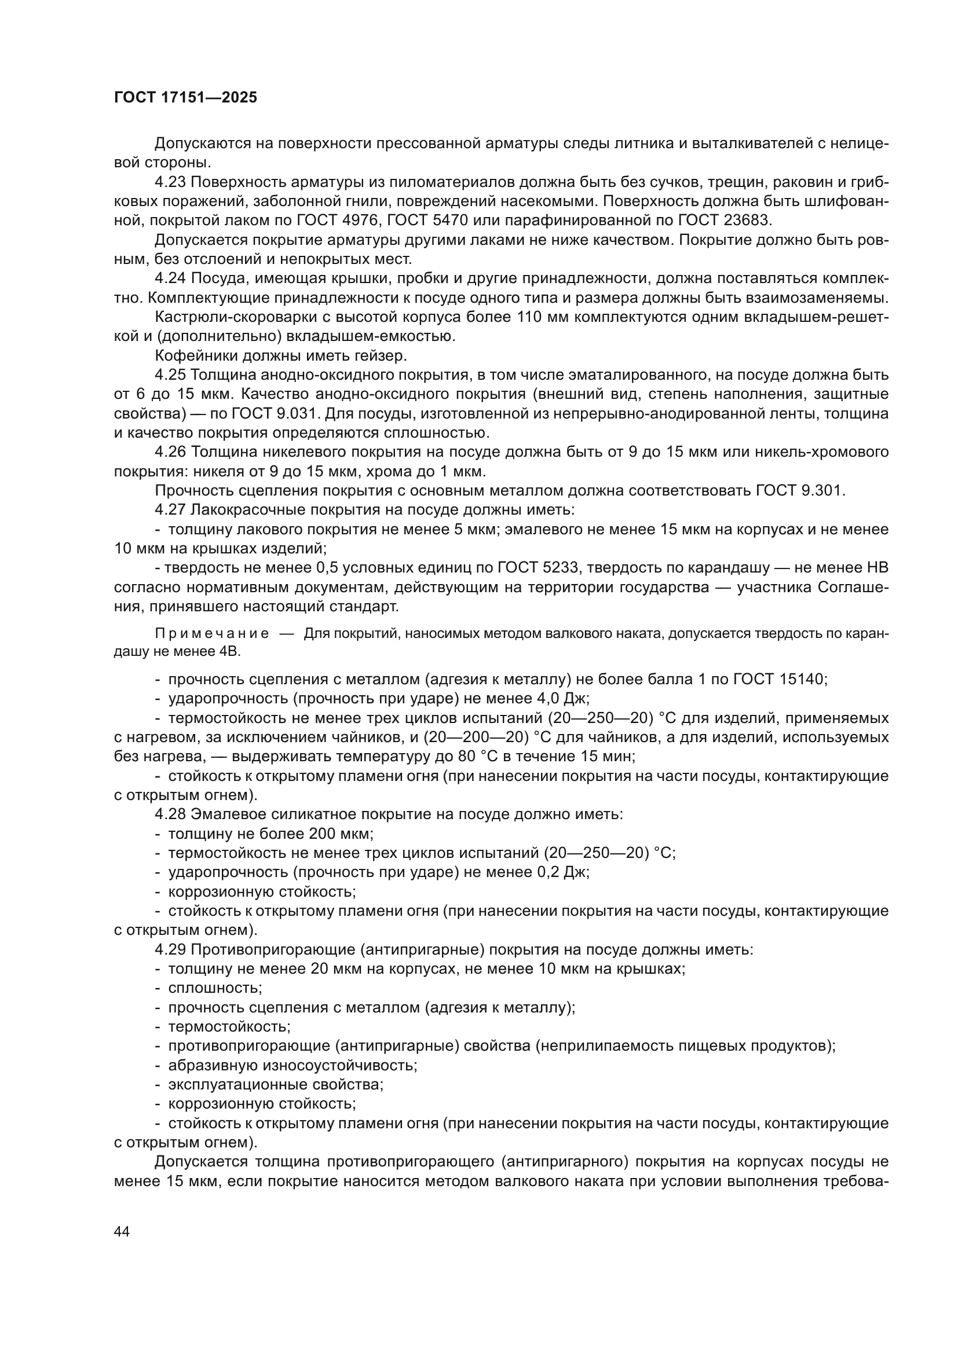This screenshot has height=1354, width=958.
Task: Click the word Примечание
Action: click(212, 634)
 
